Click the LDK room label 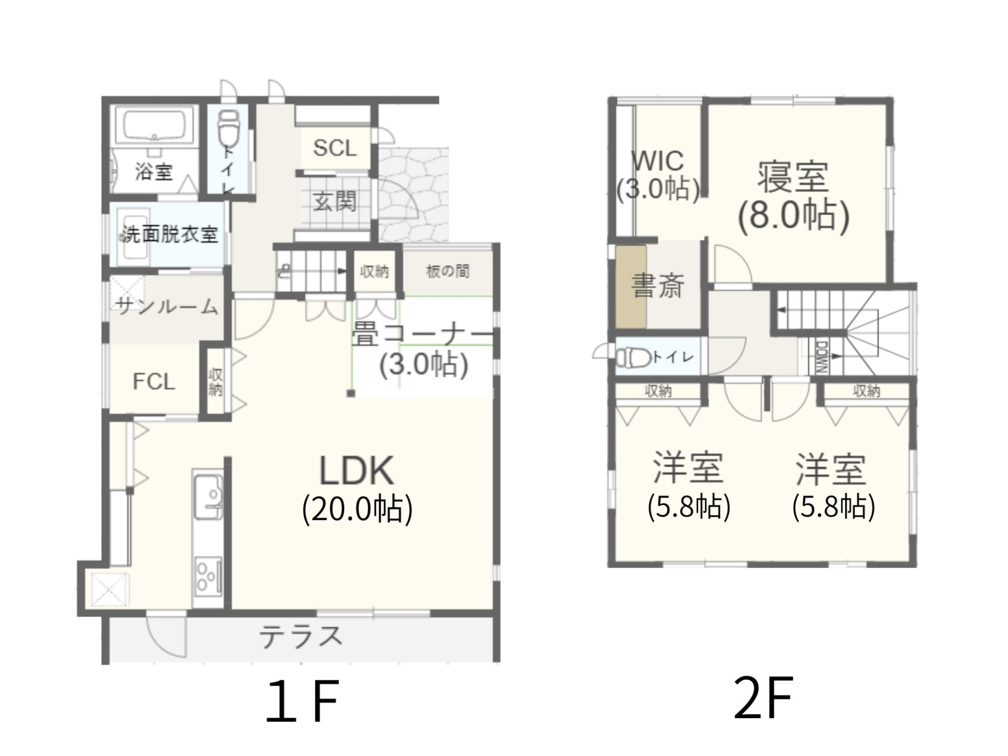pyautogui.click(x=357, y=470)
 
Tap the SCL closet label pyautogui.click(x=335, y=148)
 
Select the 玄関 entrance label pyautogui.click(x=335, y=201)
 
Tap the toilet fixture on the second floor pyautogui.click(x=633, y=358)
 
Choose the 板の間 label pyautogui.click(x=447, y=271)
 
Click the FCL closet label pyautogui.click(x=154, y=382)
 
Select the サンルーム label pyautogui.click(x=167, y=306)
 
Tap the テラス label pyautogui.click(x=301, y=637)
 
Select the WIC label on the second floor pyautogui.click(x=658, y=161)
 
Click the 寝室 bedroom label pyautogui.click(x=793, y=177)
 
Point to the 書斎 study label pyautogui.click(x=658, y=286)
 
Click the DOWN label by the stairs pyautogui.click(x=822, y=357)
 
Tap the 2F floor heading pyautogui.click(x=763, y=698)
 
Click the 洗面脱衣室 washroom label pyautogui.click(x=170, y=234)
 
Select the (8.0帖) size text pyautogui.click(x=793, y=215)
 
